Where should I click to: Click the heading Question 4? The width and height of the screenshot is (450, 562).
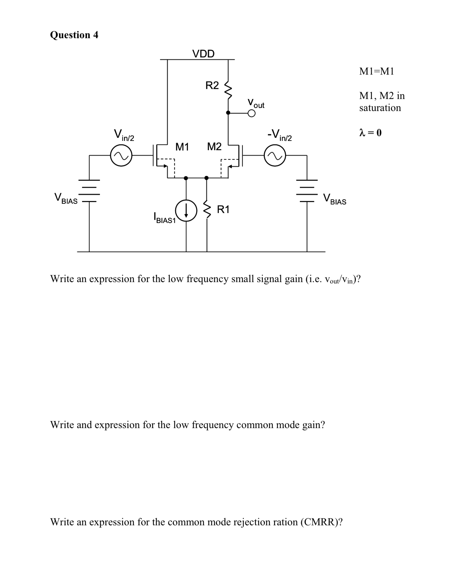[x=74, y=35]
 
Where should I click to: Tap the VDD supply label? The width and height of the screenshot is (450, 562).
[x=203, y=54]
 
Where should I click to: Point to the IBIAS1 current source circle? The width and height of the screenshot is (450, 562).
[x=186, y=210]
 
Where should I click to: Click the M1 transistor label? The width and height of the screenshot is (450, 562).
[x=182, y=147]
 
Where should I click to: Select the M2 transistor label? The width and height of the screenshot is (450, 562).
[x=214, y=147]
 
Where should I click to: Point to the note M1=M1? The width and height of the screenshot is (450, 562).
[x=376, y=71]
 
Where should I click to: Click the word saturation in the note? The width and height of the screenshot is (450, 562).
[x=380, y=108]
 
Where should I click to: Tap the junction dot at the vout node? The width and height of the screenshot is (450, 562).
[x=228, y=112]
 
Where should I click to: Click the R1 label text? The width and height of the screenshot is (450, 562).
[x=223, y=209]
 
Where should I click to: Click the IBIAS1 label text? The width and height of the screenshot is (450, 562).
[x=164, y=218]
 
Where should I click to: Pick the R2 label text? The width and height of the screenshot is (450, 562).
[x=212, y=85]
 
